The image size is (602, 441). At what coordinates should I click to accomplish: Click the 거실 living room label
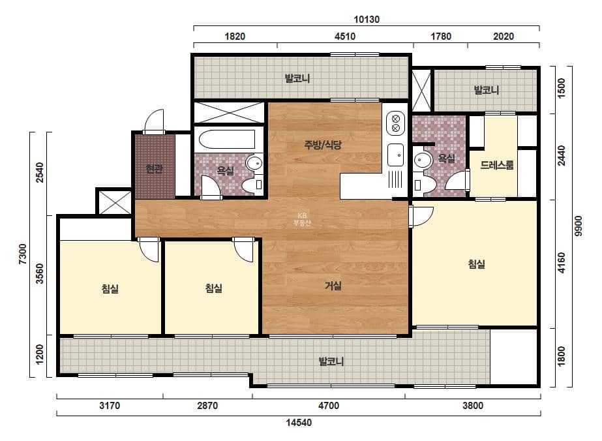[333, 286]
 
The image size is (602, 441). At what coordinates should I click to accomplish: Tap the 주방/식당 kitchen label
[322, 145]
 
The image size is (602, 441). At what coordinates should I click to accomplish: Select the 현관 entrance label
[155, 169]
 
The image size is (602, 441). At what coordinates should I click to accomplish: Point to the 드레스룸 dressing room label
[497, 165]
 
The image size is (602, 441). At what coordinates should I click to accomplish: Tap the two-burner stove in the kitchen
[396, 123]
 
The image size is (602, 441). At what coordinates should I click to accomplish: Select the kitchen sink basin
[395, 155]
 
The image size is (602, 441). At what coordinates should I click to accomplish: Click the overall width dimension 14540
[299, 423]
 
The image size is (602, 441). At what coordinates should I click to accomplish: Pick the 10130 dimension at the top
[367, 20]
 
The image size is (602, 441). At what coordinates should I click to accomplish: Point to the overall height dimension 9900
[579, 226]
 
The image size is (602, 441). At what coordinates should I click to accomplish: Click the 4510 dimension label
[345, 37]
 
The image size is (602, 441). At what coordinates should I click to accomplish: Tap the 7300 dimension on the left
[23, 254]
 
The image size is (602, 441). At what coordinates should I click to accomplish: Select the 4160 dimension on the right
[562, 263]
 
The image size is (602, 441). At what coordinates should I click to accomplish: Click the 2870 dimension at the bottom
[207, 406]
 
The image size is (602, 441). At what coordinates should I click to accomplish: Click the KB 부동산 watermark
[302, 219]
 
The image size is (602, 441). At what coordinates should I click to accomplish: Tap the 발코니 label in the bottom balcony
[331, 361]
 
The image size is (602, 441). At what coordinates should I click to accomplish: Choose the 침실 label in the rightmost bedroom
[477, 264]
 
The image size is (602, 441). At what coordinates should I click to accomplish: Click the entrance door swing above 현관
[154, 120]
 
